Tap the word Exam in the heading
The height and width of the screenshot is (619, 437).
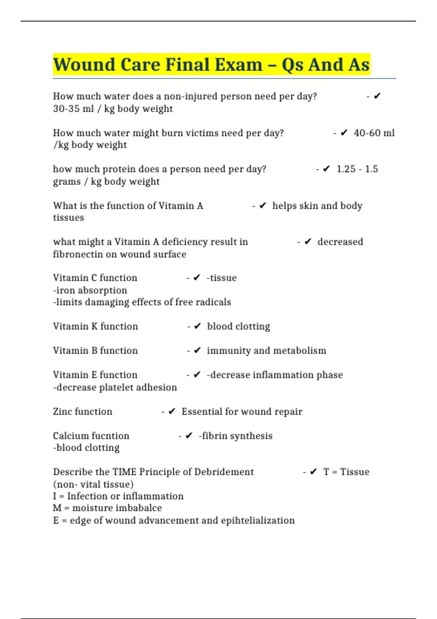click(238, 65)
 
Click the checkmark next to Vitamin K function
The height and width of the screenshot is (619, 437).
click(197, 326)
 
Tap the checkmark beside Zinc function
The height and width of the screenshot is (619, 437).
click(172, 411)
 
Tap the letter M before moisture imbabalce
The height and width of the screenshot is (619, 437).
click(57, 508)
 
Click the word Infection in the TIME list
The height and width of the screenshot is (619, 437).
click(87, 496)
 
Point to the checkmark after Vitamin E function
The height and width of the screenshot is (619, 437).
click(197, 375)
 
